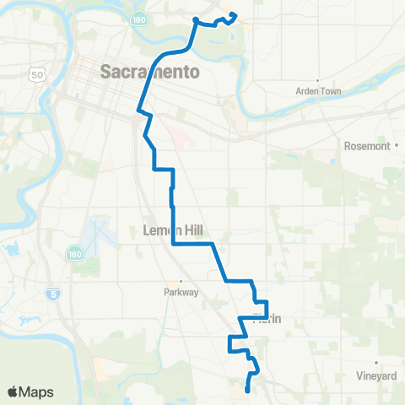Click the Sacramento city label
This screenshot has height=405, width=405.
[x=150, y=72]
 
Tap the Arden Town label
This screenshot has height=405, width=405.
[x=316, y=91]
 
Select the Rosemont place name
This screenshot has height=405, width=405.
[x=367, y=145]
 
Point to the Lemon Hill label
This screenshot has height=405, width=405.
[x=174, y=230]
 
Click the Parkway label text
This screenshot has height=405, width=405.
[x=181, y=293]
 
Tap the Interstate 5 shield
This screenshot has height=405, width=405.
[x=53, y=294]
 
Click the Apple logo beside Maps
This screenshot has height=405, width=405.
[x=13, y=391]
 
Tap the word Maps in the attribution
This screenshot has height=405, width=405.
[x=37, y=391]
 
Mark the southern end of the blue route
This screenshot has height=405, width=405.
[x=246, y=390]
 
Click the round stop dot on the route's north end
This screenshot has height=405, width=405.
[x=196, y=19]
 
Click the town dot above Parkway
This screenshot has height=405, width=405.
[x=180, y=282]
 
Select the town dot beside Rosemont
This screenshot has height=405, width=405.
[x=396, y=145]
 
